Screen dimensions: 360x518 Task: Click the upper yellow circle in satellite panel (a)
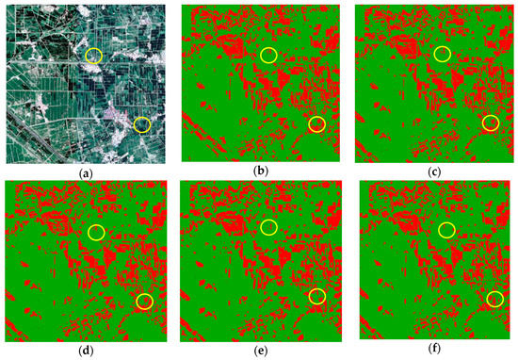tap(93, 56)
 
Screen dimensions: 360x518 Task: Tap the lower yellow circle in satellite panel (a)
tap(142, 123)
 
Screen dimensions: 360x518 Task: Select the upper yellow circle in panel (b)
tap(269, 56)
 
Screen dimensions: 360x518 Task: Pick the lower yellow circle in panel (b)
tap(316, 124)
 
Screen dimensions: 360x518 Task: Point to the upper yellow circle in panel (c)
tap(443, 56)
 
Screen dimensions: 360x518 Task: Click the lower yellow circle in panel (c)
tap(490, 123)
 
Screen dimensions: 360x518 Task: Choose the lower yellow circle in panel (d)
tap(143, 301)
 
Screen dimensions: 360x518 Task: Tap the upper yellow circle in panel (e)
tap(269, 228)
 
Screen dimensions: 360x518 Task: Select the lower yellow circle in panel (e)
tap(317, 297)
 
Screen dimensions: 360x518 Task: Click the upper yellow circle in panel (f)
tap(446, 230)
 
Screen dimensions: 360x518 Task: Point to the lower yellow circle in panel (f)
tap(494, 300)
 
